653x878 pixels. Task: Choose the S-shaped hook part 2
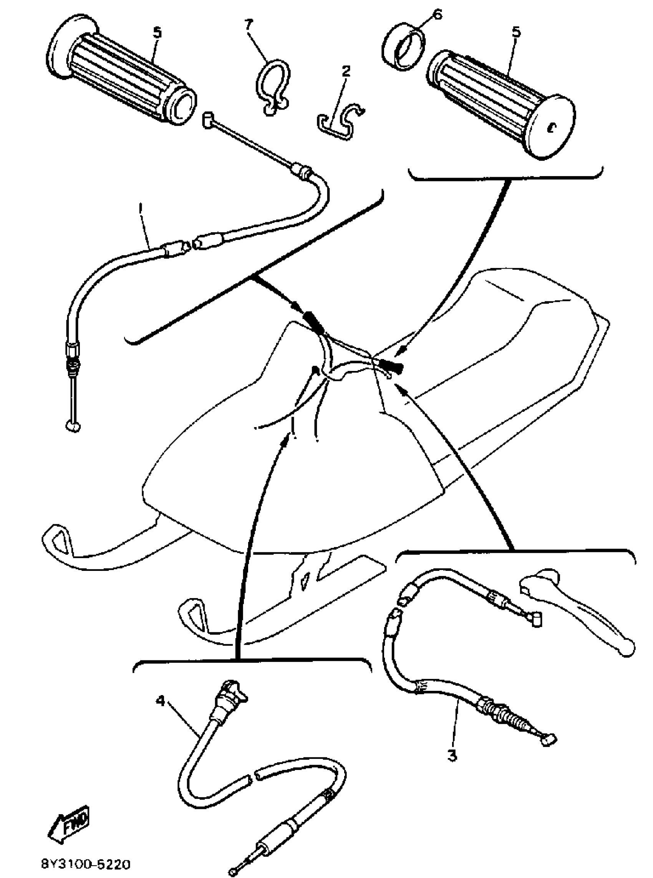[341, 123]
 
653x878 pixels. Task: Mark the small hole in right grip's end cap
[550, 127]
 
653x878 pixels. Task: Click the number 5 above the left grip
[157, 33]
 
